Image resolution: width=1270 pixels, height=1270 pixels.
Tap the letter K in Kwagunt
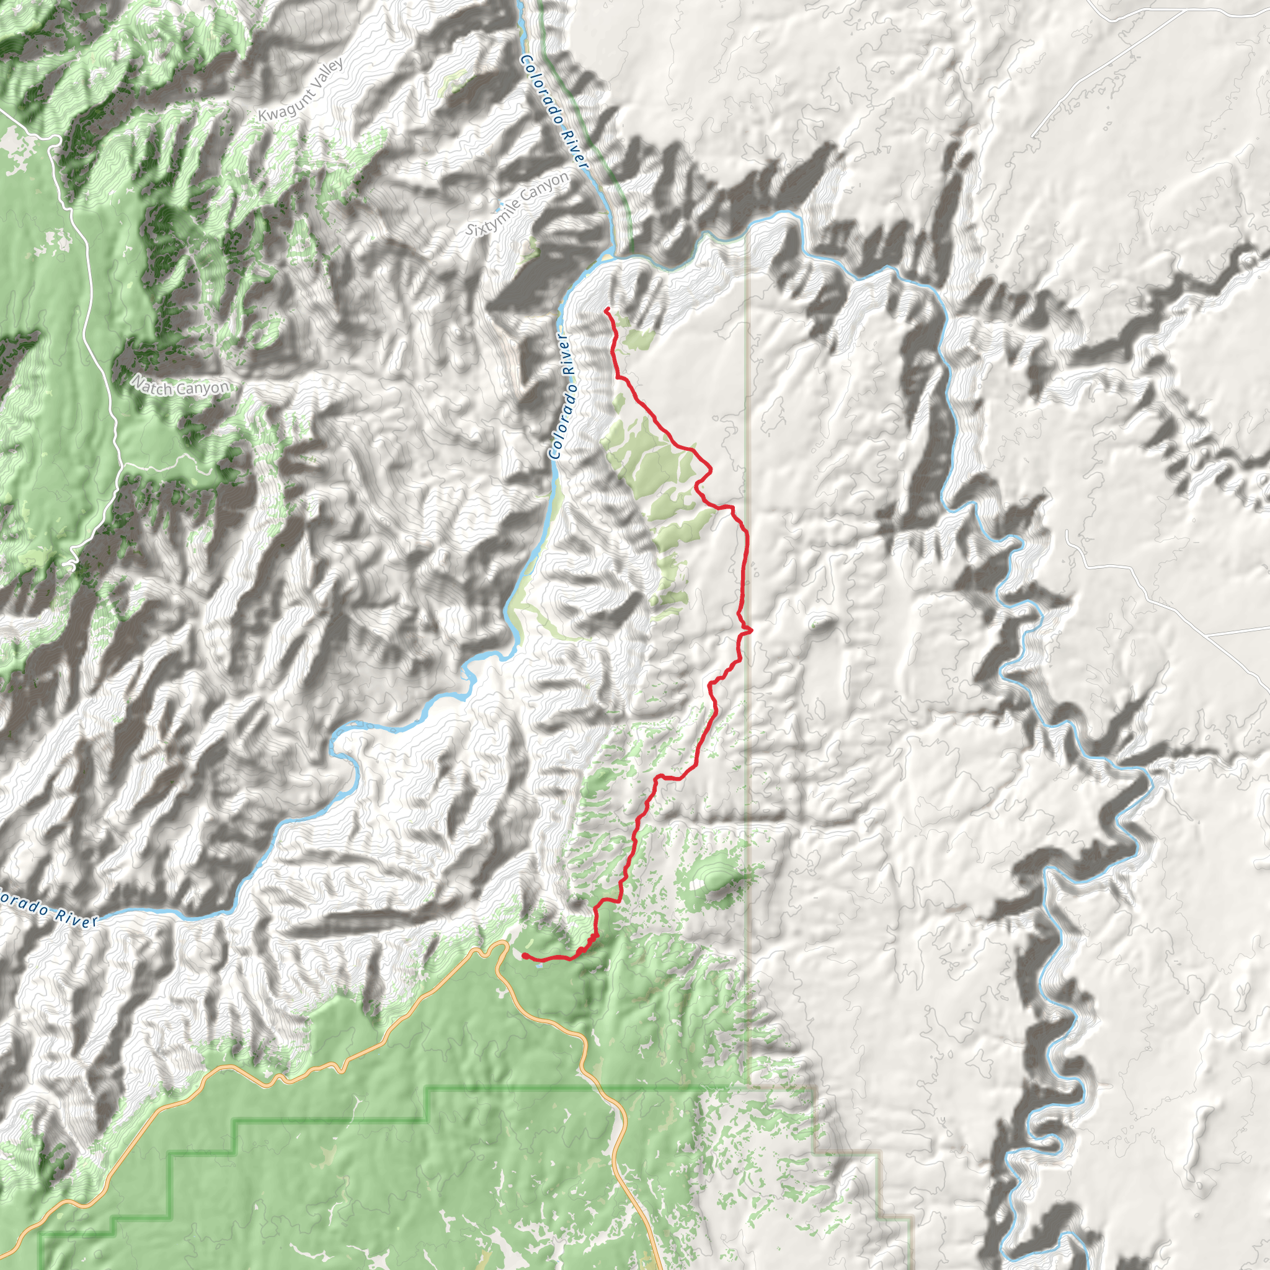[263, 117]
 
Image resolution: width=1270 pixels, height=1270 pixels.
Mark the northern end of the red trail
[605, 308]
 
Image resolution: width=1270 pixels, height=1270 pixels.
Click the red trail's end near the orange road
[524, 954]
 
